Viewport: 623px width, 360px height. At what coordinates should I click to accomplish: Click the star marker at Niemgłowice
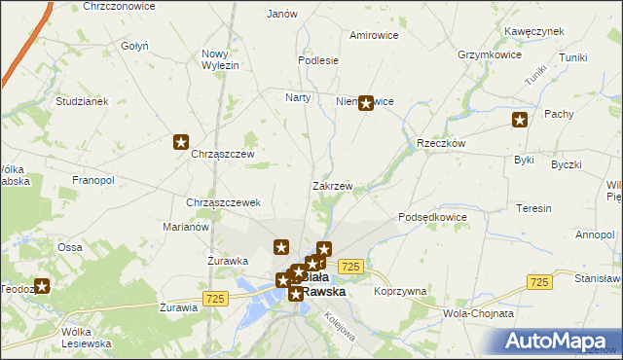[366, 101]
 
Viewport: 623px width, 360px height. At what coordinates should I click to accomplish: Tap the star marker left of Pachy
[521, 121]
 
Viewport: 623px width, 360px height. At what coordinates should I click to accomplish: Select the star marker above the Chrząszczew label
[181, 143]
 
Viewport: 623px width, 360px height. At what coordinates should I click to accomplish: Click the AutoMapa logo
[561, 341]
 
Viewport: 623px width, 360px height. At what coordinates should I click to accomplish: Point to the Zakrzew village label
[332, 186]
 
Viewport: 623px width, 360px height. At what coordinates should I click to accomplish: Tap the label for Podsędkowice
[433, 217]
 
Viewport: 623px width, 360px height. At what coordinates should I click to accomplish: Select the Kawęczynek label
[534, 31]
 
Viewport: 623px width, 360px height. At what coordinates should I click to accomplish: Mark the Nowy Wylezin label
[220, 59]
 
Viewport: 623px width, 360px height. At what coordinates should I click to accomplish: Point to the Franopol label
[93, 181]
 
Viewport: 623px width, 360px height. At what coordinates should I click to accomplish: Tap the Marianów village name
[187, 227]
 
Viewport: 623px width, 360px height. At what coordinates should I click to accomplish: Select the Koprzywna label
[400, 291]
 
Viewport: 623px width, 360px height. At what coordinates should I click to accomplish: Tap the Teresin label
[534, 208]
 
